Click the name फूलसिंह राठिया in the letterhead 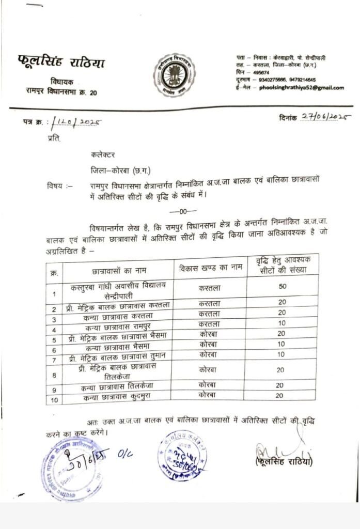(60, 63)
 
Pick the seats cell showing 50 (283, 287)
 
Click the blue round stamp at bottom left (70, 468)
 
